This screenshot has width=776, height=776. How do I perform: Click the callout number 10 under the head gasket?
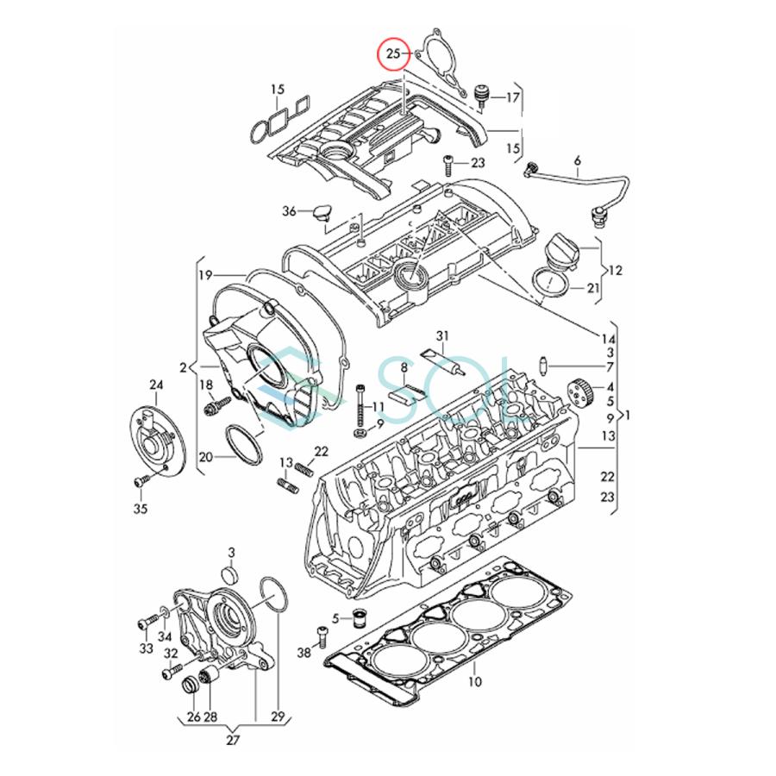474,681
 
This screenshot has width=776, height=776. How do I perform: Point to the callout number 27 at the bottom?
233,739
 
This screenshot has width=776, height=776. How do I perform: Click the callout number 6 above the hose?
578,161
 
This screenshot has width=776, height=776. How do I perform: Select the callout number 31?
442,335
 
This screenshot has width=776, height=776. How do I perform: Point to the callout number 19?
204,275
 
